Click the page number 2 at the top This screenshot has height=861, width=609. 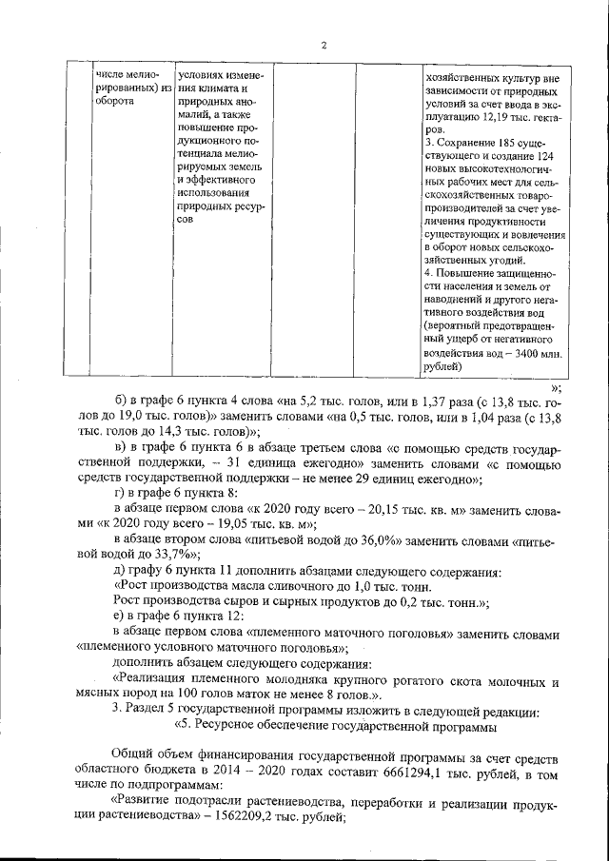coord(324,46)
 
